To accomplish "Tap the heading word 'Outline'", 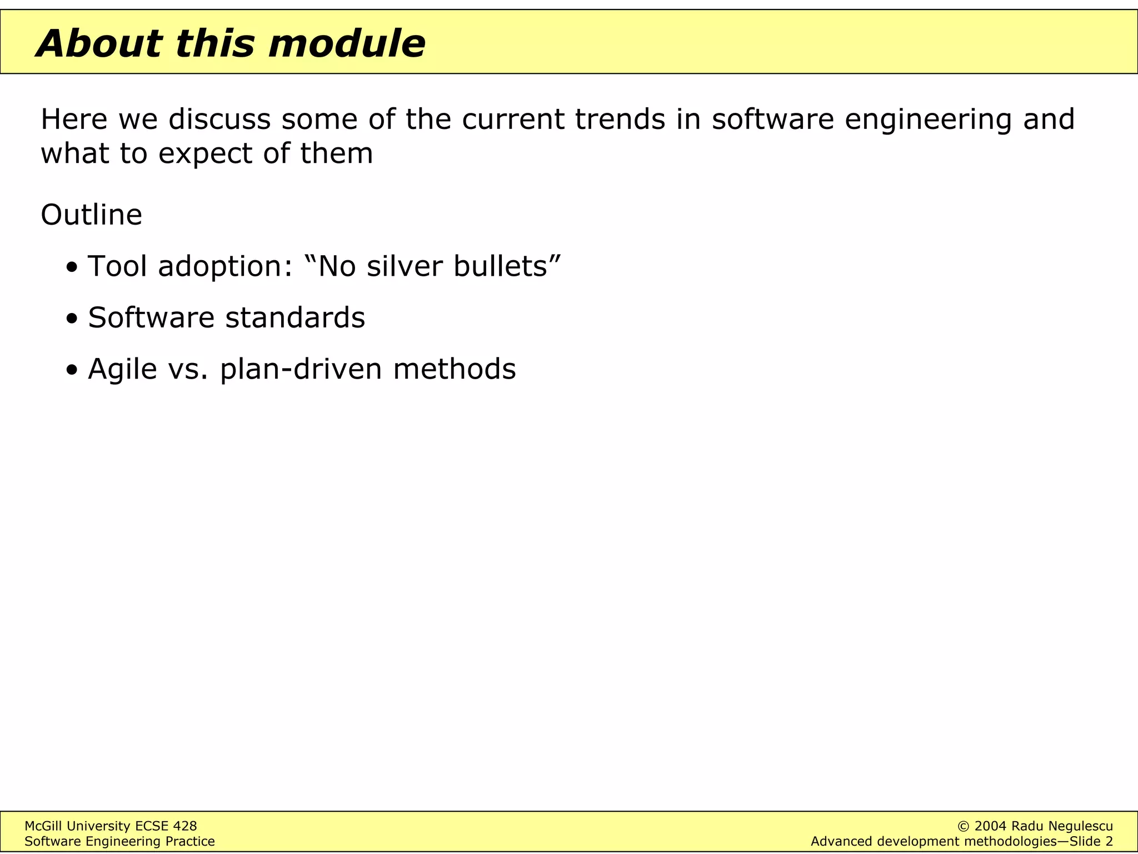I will coord(91,215).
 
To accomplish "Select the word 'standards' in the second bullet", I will coord(295,317).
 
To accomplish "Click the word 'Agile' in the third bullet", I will coord(122,370).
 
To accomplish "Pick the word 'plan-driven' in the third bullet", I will coord(301,370).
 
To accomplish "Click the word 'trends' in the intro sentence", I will coord(620,119).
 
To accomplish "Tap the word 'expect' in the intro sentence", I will coord(206,155).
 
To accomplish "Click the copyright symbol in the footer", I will coord(964,826).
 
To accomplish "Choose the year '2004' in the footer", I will coord(990,826).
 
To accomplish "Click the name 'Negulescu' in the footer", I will coord(1080,826).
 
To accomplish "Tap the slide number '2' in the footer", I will coord(1109,841).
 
